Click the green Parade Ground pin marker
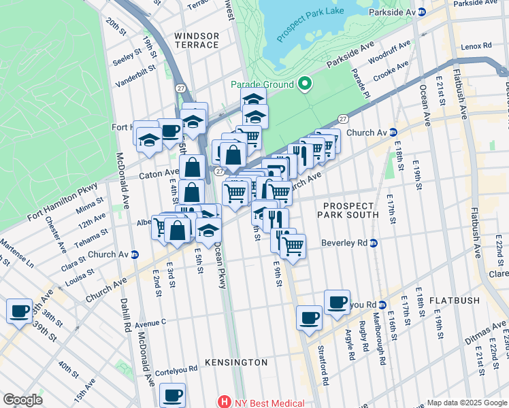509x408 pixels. (305, 84)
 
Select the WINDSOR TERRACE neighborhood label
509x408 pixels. (196, 40)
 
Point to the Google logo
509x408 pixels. (22, 400)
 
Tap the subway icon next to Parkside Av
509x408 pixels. (421, 12)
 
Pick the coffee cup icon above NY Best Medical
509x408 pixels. (172, 394)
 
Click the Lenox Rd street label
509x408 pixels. (475, 46)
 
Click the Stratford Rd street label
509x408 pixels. (322, 364)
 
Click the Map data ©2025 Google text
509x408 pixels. (466, 403)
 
